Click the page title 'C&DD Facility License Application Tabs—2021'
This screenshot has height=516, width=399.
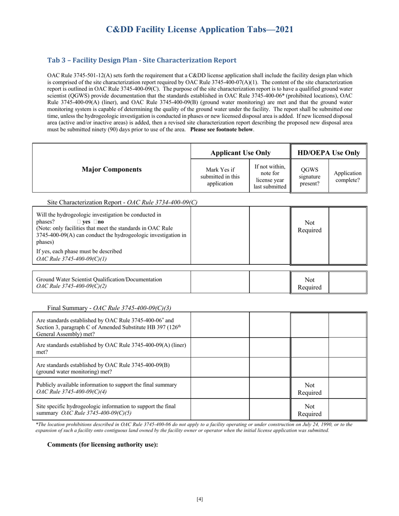(199, 29)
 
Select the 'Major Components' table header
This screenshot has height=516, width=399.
(111, 169)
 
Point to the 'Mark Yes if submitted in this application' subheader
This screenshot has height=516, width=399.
(220, 176)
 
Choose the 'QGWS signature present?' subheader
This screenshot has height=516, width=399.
(309, 176)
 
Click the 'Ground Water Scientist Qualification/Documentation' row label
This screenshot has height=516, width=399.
(99, 279)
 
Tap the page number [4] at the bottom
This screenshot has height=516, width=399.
(199, 499)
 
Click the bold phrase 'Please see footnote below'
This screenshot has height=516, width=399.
(221, 130)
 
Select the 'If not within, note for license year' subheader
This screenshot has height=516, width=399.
(269, 176)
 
